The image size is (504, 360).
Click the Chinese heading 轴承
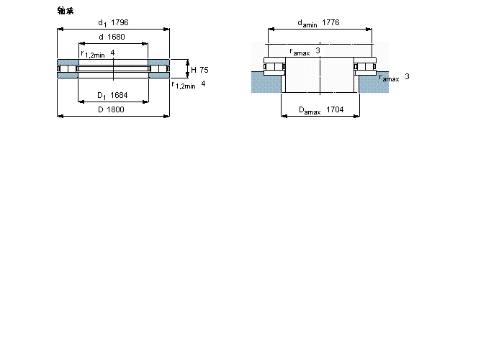point(66,11)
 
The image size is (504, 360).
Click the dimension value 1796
point(120,22)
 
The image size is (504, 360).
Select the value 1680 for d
point(117,37)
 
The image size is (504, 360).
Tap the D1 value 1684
point(119,95)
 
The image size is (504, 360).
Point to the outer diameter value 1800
point(116,109)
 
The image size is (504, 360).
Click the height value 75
point(204,70)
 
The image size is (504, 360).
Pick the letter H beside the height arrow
point(194,70)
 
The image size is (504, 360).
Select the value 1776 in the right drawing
point(330,22)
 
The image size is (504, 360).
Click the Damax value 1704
point(335,109)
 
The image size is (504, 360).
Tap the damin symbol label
point(307,23)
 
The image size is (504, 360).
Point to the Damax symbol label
point(310,111)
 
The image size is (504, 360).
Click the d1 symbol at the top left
point(102,23)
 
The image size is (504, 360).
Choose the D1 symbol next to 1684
point(102,96)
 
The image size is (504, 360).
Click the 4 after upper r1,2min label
point(112,53)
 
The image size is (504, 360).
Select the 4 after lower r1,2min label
point(203,84)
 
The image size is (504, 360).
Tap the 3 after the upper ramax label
point(318,50)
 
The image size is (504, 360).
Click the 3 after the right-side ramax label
point(407,76)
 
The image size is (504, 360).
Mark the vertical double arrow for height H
point(188,69)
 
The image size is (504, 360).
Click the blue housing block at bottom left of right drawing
point(266,83)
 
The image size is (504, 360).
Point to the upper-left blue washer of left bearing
point(68,63)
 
